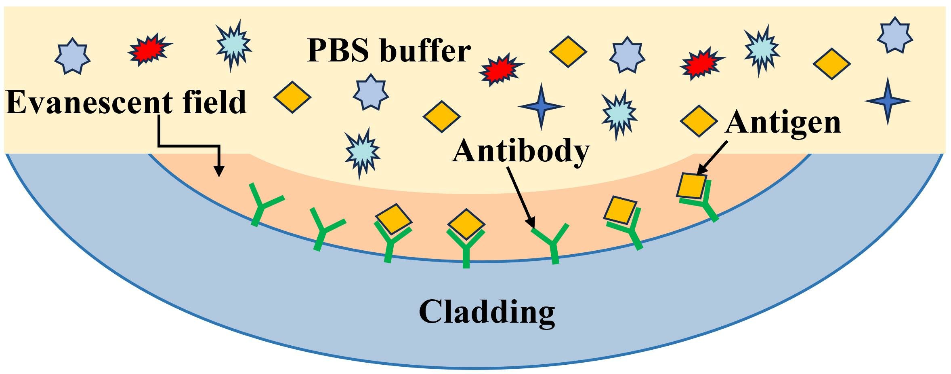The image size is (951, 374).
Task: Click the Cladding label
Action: [x=487, y=312]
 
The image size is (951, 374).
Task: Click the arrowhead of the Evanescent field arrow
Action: [x=219, y=172]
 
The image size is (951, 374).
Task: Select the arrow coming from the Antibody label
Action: [x=521, y=198]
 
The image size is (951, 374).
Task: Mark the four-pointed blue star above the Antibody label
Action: [x=541, y=106]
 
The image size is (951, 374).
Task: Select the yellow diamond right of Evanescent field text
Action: [x=292, y=97]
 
